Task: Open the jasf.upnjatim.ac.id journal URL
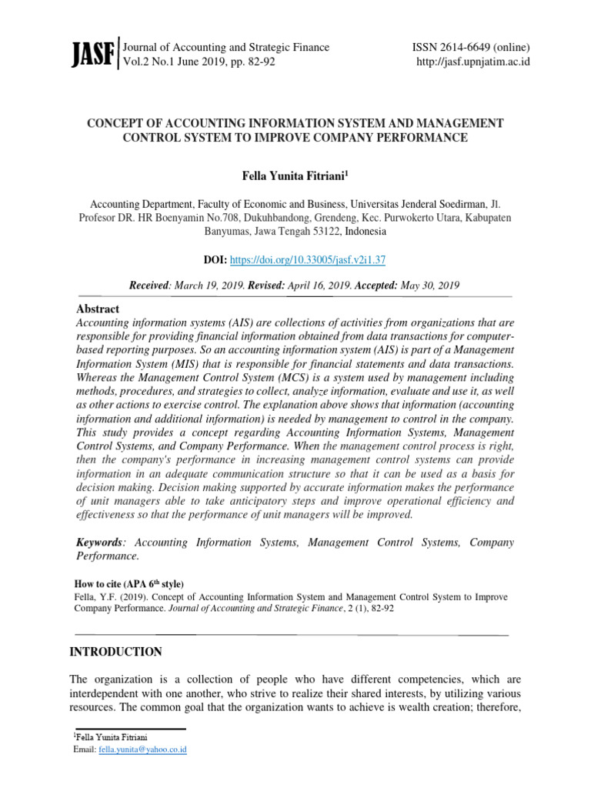[x=472, y=62]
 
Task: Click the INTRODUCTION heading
[x=116, y=652]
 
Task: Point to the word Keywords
[x=98, y=543]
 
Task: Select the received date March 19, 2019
[x=208, y=285]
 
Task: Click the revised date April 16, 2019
[x=319, y=285]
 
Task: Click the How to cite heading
[x=129, y=583]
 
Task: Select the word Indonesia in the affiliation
[x=366, y=232]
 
